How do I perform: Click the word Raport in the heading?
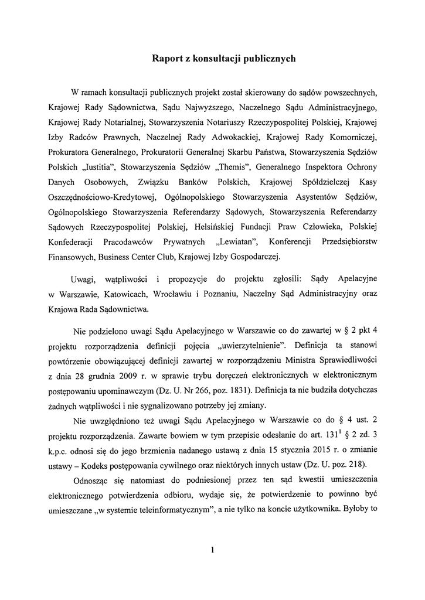click(x=167, y=59)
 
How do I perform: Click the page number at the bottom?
click(x=212, y=550)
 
